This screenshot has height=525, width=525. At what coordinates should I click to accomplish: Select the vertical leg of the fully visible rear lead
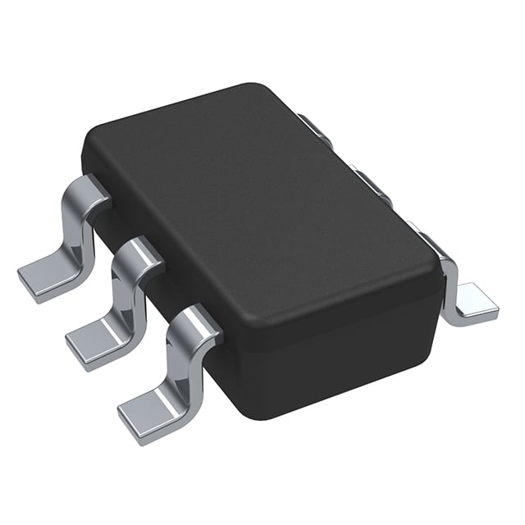[x=448, y=283]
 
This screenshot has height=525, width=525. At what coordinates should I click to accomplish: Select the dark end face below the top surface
[x=328, y=361]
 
